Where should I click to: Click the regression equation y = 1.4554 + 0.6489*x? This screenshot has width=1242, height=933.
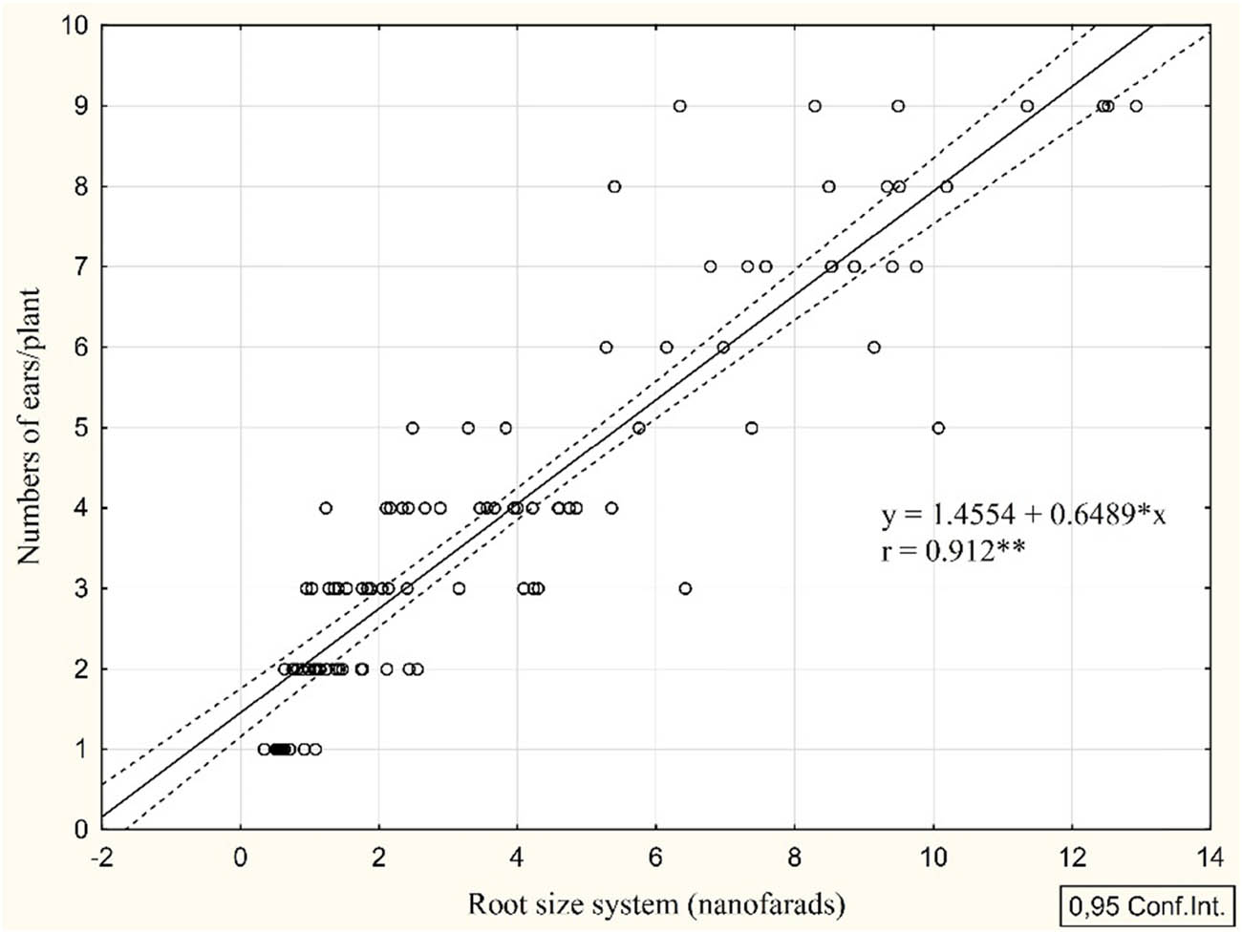point(1023,516)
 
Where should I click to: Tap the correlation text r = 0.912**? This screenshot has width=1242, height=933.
point(953,550)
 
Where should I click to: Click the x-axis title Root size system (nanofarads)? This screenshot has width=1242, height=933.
point(655,902)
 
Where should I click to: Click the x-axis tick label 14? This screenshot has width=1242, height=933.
point(1210,859)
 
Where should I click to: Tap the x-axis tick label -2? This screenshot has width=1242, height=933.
point(100,859)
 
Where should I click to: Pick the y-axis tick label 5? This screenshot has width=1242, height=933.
point(82,428)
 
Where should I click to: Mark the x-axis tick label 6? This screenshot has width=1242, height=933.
point(656,859)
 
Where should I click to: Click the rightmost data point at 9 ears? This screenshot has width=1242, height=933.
point(1136,106)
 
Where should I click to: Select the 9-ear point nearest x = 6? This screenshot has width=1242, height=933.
point(679,106)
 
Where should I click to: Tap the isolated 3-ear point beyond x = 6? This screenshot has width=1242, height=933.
point(685,588)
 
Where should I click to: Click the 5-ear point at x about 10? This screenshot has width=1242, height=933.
point(938,428)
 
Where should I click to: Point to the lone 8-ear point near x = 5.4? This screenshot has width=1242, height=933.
point(614,186)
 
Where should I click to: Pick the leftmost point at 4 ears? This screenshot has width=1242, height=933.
point(326,508)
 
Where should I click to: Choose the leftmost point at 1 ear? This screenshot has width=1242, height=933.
point(264,750)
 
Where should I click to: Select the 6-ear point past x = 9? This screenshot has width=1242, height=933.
point(873,348)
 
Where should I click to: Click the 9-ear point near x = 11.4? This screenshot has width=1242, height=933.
point(1027,106)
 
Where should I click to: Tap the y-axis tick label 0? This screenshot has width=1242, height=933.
point(82,830)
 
